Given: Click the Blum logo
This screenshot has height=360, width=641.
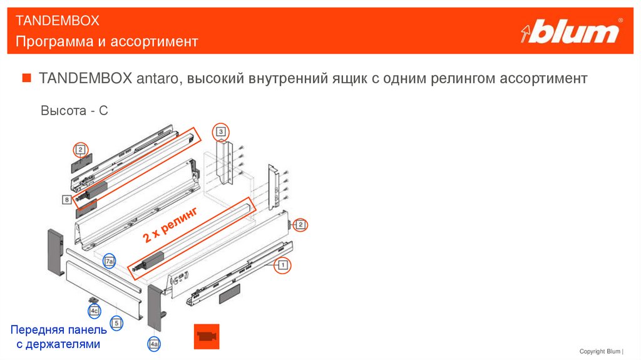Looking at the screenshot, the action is (572, 31).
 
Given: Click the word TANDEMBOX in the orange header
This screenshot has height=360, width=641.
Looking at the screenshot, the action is (58, 21).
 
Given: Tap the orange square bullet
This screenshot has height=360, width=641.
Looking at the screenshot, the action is (26, 78).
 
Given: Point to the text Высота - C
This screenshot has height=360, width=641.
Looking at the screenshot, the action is (74, 110).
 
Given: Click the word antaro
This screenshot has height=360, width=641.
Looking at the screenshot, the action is (157, 78).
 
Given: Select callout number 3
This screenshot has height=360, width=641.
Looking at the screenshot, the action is (221, 131).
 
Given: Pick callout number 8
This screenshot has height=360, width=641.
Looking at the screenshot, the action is (66, 200).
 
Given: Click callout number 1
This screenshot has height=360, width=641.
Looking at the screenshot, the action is (282, 265).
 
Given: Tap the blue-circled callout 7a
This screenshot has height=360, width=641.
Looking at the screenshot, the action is (109, 261).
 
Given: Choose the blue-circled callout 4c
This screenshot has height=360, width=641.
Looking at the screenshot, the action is (95, 311).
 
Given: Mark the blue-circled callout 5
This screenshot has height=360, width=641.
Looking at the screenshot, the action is (116, 323).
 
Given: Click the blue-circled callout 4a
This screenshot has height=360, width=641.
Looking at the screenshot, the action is (154, 344).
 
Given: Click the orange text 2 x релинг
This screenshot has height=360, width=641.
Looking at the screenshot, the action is (171, 224).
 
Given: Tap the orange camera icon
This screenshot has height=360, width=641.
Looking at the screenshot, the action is (207, 337).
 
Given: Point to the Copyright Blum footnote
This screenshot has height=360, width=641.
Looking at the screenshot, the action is (601, 351).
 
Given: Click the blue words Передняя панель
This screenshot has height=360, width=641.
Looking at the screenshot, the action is (58, 330).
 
